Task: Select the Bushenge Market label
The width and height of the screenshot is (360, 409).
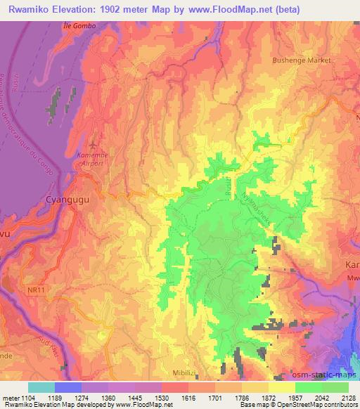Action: tap(302, 60)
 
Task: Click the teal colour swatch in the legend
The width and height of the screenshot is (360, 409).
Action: tap(41, 387)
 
